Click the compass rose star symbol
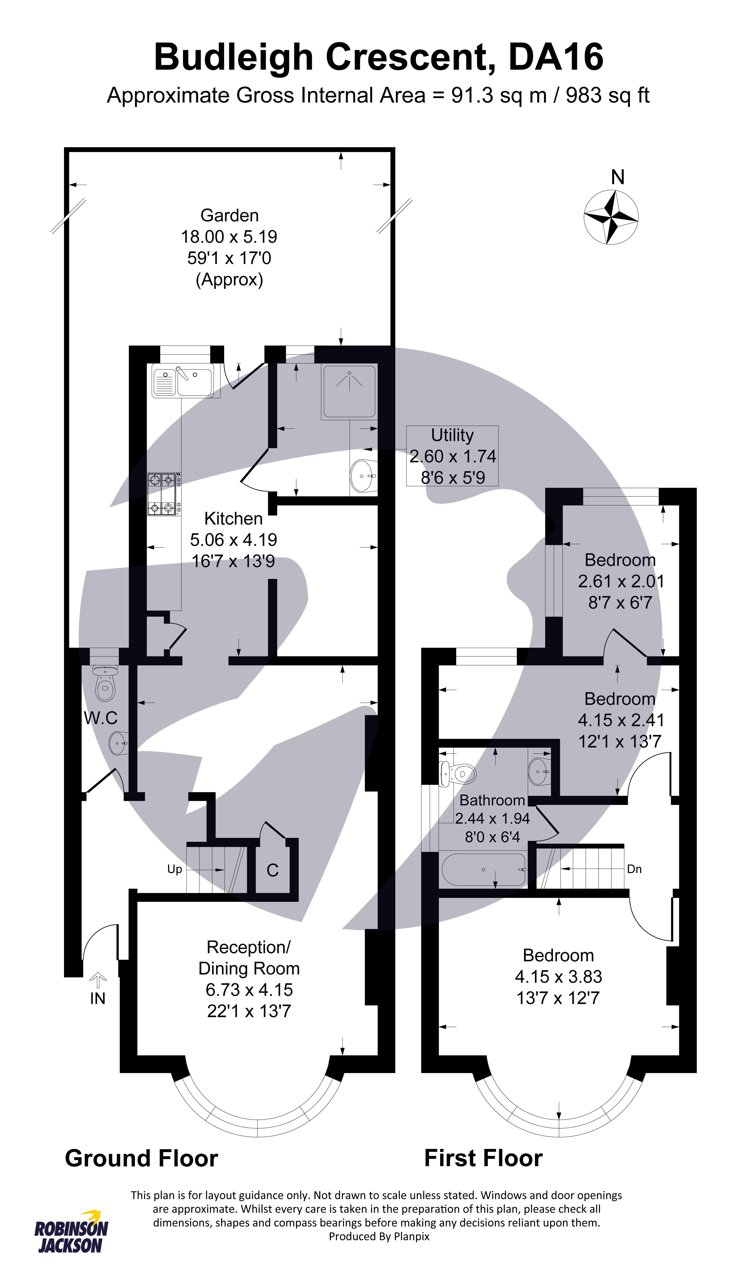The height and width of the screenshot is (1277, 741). (610, 217)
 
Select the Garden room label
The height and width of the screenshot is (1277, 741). (230, 215)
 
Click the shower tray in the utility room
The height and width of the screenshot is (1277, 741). (349, 391)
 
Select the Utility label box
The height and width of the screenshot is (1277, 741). (452, 456)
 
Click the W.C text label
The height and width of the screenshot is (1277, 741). (101, 718)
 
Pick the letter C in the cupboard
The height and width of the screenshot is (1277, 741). (272, 870)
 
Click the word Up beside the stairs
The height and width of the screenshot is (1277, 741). (175, 869)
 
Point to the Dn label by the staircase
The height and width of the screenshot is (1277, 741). (634, 869)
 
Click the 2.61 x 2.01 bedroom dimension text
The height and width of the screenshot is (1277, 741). (620, 581)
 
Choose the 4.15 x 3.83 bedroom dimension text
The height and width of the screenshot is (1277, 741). (558, 977)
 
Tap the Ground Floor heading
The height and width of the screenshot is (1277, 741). (141, 1158)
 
